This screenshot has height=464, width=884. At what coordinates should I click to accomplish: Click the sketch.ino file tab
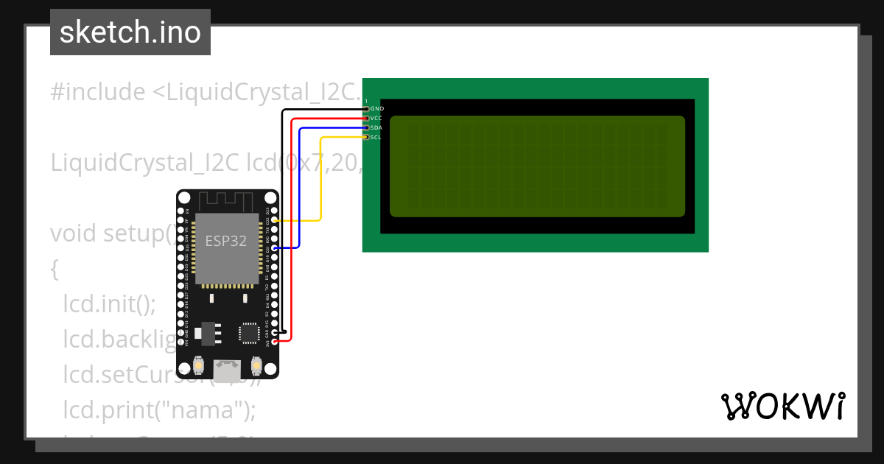pos(130,32)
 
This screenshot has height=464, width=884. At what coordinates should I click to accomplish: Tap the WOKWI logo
pos(782,406)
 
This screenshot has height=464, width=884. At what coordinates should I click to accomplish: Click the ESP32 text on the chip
pos(226,241)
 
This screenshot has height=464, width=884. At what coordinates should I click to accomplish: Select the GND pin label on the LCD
pos(377,108)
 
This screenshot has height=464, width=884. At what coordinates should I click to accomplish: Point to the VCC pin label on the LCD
pos(376,118)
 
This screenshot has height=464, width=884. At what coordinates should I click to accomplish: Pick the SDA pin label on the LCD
pos(376,127)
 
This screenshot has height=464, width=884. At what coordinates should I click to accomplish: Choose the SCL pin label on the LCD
pos(376,137)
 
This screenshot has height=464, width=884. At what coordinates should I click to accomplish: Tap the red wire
pos(292,221)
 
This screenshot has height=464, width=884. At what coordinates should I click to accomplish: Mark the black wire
pos(283,221)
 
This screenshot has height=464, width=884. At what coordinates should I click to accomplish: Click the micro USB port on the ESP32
pos(227,368)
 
